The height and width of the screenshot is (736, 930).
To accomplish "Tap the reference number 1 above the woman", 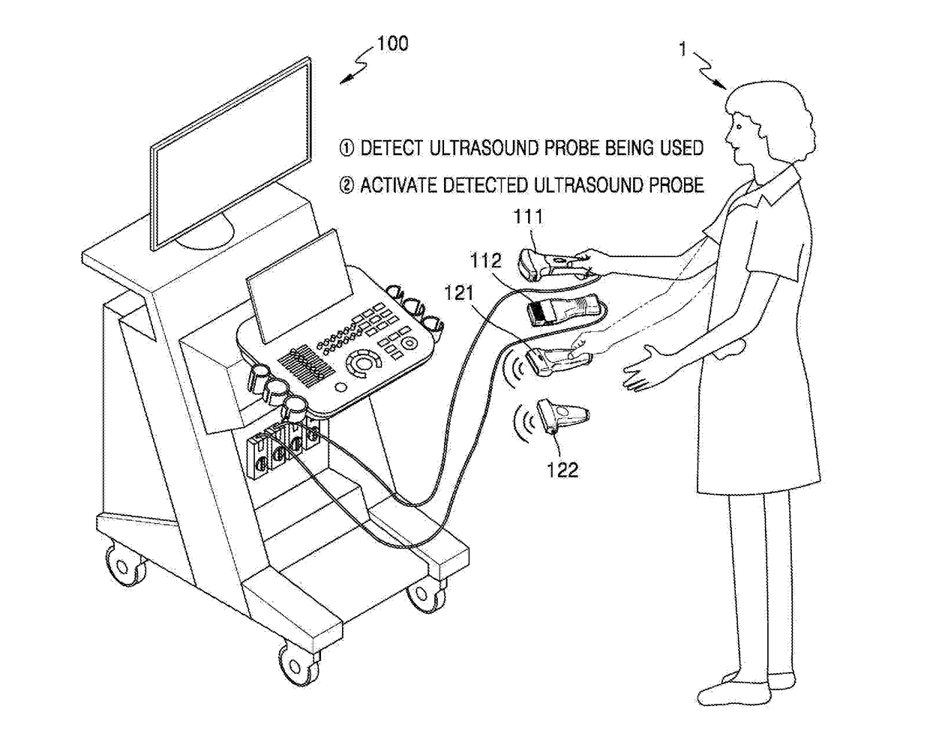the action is coord(682,49).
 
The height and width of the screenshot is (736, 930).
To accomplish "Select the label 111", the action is coord(527,217).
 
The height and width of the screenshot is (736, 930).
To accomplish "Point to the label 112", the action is coord(485,261).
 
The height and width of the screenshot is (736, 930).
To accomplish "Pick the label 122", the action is coord(562,469).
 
